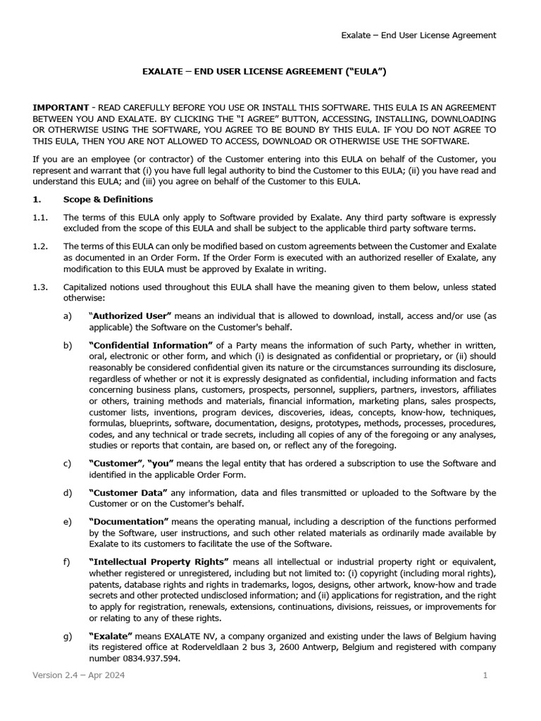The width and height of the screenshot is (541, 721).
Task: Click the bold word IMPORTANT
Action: tap(61, 106)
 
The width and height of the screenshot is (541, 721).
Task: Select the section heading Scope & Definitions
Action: tap(108, 199)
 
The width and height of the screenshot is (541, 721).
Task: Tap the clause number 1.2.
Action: tap(40, 246)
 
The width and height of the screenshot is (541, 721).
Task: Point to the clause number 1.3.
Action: tap(40, 287)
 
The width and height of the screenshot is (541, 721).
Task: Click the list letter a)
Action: tap(68, 316)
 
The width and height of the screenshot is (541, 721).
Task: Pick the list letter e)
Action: tap(68, 521)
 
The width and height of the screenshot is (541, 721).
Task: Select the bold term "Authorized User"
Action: tap(130, 316)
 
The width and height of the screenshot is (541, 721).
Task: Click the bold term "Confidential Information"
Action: tap(151, 345)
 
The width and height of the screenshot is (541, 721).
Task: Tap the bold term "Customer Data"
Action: tap(128, 492)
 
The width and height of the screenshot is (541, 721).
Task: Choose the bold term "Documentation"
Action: tap(129, 521)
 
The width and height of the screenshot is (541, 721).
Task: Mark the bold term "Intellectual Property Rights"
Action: tap(158, 561)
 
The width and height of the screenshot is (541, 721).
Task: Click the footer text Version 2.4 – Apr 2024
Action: tap(79, 676)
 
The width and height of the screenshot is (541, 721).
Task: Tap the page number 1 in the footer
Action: tap(485, 676)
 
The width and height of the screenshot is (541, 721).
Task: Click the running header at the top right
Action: tap(418, 35)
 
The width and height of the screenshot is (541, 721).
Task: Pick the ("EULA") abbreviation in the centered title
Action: tap(361, 71)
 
